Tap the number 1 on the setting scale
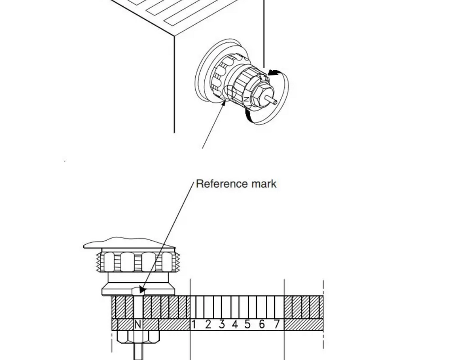point(194,324)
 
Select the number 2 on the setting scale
point(208,324)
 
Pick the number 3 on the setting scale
point(221,324)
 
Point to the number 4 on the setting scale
point(234,324)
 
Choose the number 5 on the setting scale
point(247,324)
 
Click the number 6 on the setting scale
point(262,324)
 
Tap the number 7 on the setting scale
point(276,324)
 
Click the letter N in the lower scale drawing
point(138,324)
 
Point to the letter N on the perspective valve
point(247,99)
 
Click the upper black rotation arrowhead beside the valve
point(273,72)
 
